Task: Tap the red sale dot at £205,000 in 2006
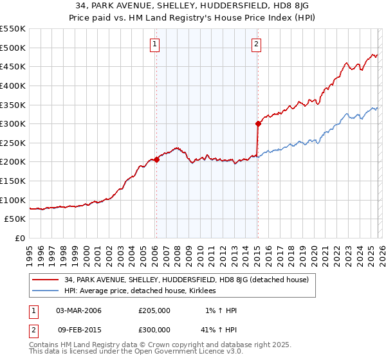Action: (x=156, y=160)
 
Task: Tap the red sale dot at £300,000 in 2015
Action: (x=257, y=123)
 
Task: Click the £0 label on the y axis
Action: (x=19, y=239)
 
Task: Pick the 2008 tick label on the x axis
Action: (x=178, y=252)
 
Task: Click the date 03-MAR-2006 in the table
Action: (x=78, y=310)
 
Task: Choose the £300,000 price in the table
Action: (x=154, y=330)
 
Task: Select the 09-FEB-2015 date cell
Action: (x=78, y=330)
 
